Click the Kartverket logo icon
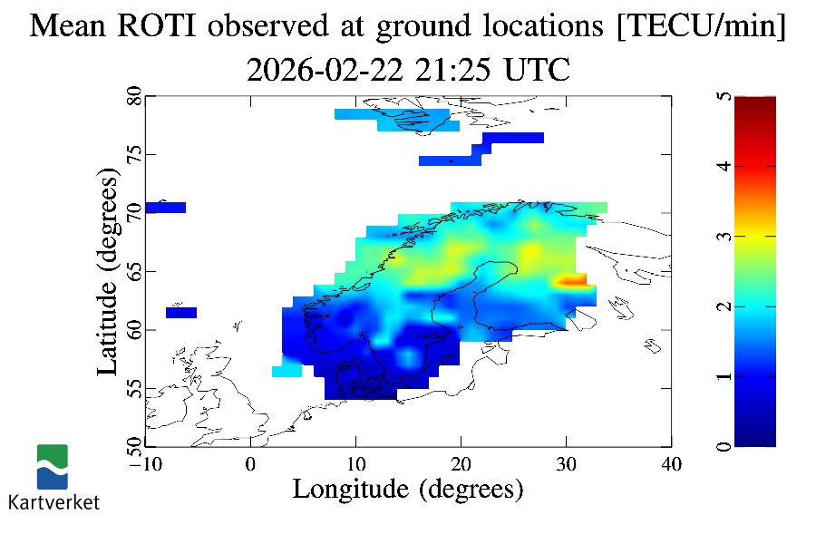click(x=52, y=467)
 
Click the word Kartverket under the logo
click(x=53, y=501)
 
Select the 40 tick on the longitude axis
click(x=672, y=464)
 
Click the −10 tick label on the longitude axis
click(x=145, y=464)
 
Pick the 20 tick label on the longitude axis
click(x=461, y=464)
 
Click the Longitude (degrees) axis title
click(x=408, y=490)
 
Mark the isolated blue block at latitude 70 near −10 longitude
click(x=165, y=208)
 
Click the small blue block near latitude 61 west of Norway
click(x=181, y=313)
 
